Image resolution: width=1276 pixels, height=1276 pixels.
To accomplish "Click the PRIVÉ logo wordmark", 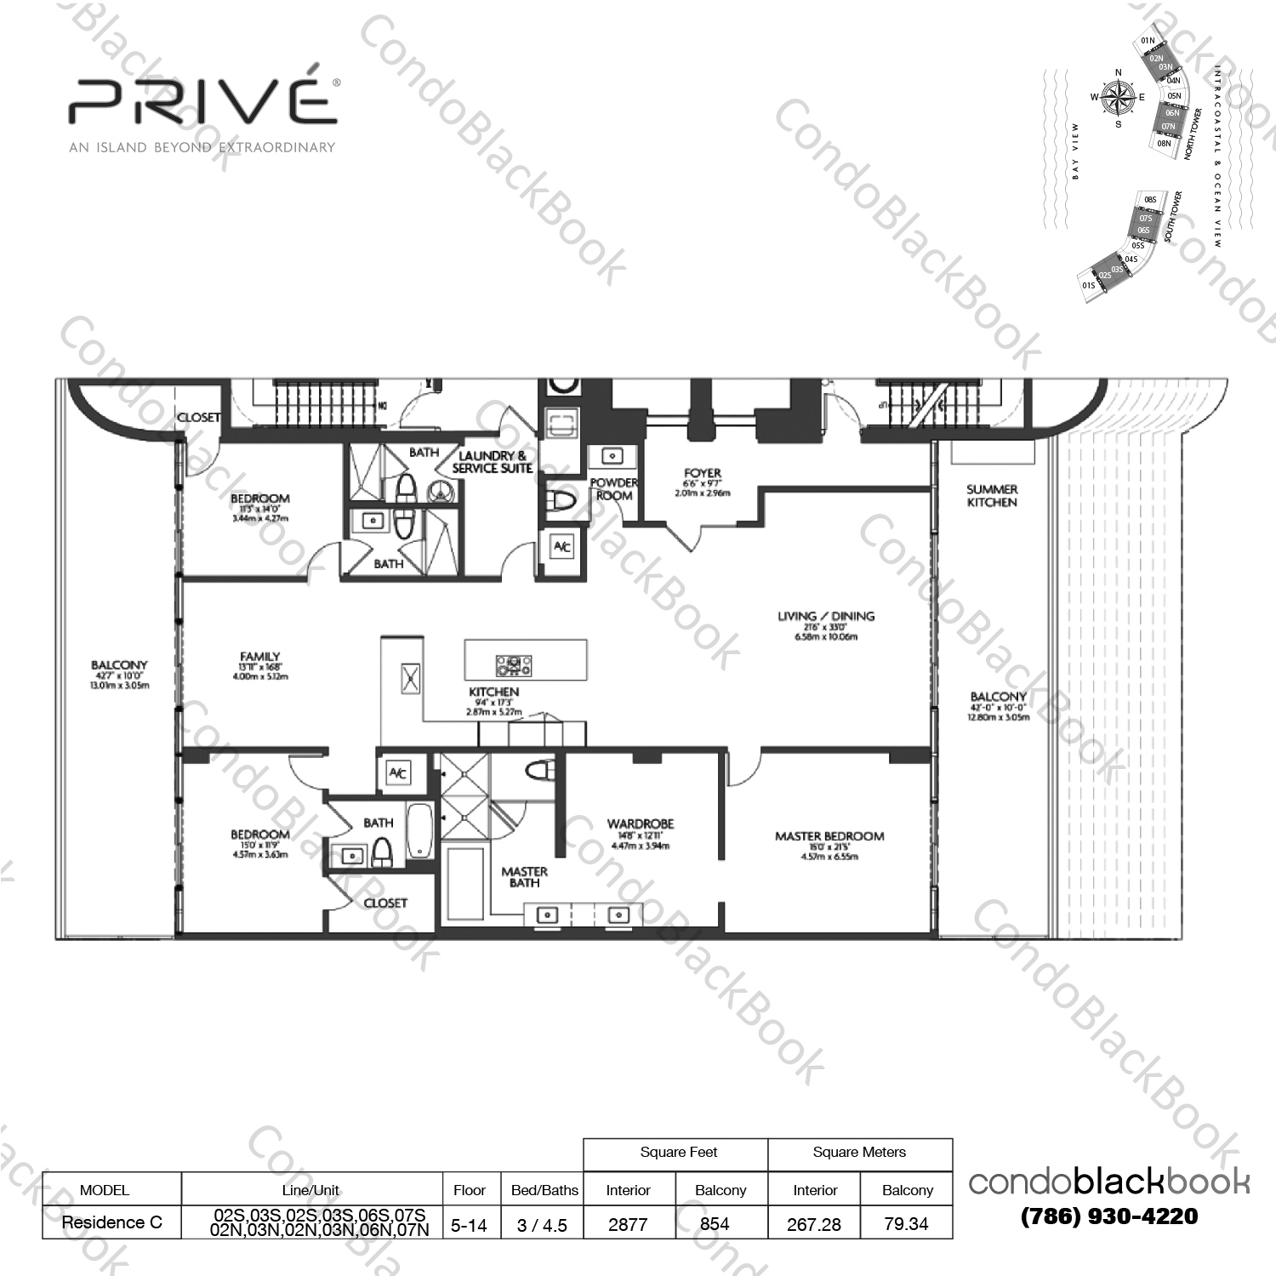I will coord(202,101).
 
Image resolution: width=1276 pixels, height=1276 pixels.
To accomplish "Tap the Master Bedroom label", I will coord(829,837).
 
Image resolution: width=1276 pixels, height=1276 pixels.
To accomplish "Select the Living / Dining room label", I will coord(825,617).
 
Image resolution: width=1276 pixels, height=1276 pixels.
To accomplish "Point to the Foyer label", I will coord(702,474).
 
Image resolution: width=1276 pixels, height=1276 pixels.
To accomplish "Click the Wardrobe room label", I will coord(641,824).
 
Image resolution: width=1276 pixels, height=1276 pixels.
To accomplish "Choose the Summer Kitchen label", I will coord(992,496).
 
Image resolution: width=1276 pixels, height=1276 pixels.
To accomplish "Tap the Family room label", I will coord(260,657).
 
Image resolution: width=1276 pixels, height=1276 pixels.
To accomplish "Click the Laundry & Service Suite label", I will coord(492,462).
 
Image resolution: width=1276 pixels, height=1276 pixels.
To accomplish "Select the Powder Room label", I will coord(613,489).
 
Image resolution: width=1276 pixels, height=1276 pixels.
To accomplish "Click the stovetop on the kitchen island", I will coord(514,664).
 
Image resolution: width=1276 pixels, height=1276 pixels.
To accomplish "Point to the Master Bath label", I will coord(524,877).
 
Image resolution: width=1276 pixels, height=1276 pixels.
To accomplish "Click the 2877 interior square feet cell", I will coord(628,1224).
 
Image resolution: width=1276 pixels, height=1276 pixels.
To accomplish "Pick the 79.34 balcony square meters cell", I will coord(906,1224).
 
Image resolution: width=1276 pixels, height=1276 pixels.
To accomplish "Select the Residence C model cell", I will coord(111,1222).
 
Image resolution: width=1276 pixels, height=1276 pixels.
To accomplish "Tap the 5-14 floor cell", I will coord(469,1225).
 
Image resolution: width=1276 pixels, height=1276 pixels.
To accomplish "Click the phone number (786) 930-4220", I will coord(1109,1216).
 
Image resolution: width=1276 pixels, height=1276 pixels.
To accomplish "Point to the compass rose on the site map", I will coord(1118,98).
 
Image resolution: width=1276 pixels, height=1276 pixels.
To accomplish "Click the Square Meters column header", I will coord(859,1153).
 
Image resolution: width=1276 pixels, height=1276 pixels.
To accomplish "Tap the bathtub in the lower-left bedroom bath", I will coord(420,831).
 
